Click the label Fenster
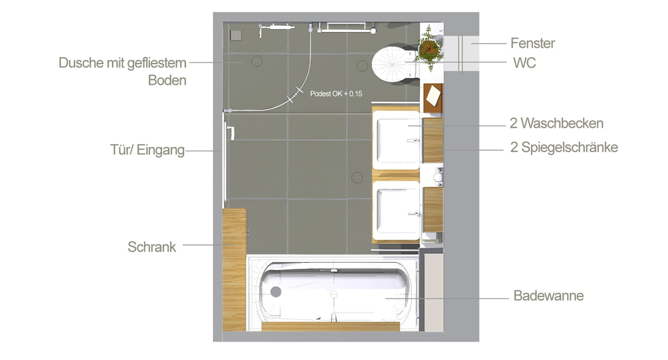[532, 43]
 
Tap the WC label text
[524, 62]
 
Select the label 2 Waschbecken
[557, 123]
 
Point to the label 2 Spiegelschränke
[564, 148]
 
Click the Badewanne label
[549, 295]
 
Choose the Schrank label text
[151, 246]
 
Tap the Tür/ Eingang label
[148, 150]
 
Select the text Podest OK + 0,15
[336, 94]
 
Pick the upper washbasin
[396, 140]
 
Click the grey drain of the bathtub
[276, 292]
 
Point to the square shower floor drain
[236, 36]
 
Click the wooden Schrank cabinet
[234, 269]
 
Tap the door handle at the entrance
[232, 134]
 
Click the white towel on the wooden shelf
[433, 96]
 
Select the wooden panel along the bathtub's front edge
[330, 327]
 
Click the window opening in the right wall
[461, 53]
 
